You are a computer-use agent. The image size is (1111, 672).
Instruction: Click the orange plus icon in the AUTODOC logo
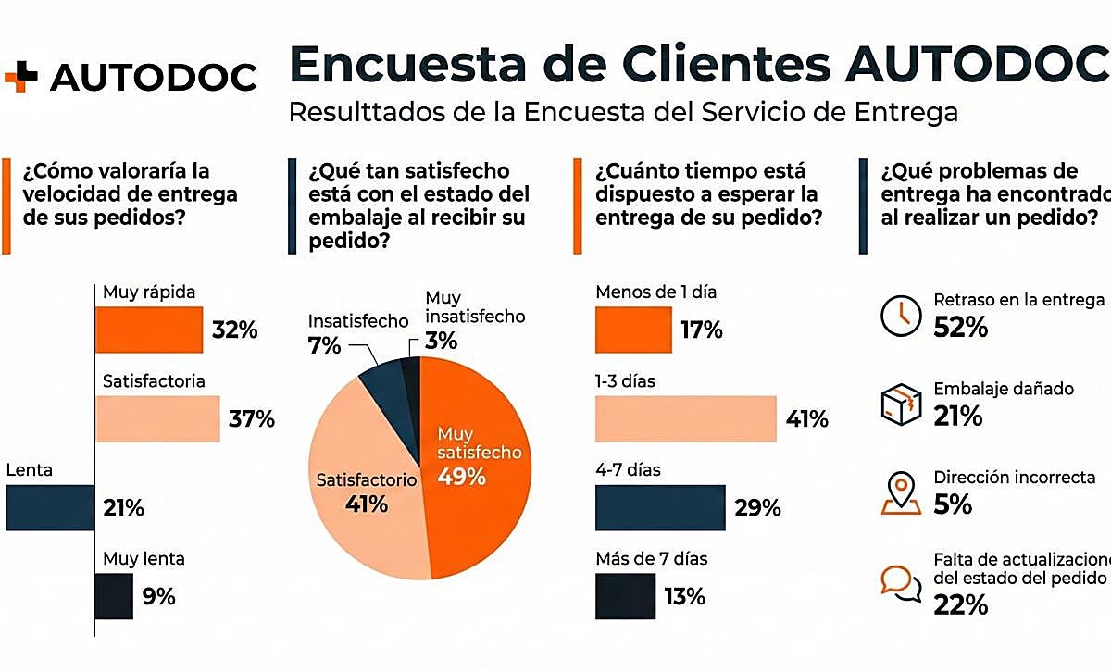click(x=20, y=77)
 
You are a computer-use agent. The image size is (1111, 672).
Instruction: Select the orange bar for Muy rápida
click(x=148, y=330)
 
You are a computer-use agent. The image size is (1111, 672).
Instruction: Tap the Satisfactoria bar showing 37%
click(x=157, y=419)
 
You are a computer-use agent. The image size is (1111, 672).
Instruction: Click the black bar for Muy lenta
click(x=114, y=596)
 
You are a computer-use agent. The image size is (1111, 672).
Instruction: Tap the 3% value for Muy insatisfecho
click(x=442, y=341)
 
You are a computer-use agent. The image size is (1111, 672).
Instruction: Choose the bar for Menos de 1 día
click(x=633, y=330)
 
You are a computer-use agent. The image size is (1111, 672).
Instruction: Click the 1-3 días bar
click(x=685, y=418)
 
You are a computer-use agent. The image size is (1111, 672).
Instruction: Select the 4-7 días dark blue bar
click(x=659, y=507)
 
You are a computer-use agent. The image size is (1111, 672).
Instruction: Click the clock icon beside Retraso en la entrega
click(x=899, y=315)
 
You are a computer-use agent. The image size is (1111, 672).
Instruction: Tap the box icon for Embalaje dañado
click(x=901, y=403)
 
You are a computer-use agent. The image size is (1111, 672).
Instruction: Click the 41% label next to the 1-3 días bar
click(x=806, y=419)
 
